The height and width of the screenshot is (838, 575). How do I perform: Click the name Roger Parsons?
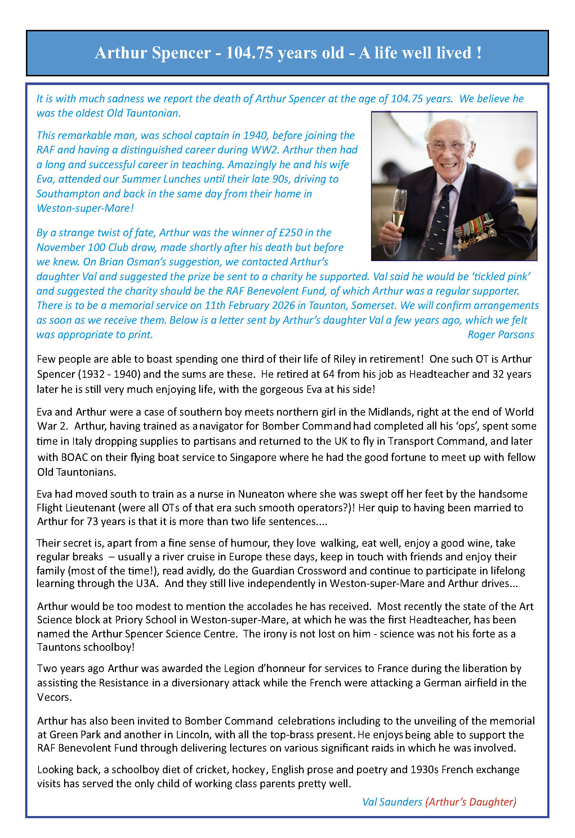(x=500, y=335)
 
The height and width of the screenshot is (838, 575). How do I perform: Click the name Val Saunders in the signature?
(x=392, y=802)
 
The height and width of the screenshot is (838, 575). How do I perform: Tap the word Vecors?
(x=54, y=697)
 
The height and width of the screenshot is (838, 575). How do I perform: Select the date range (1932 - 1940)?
(x=109, y=374)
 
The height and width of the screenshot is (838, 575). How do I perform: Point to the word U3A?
(x=147, y=583)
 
